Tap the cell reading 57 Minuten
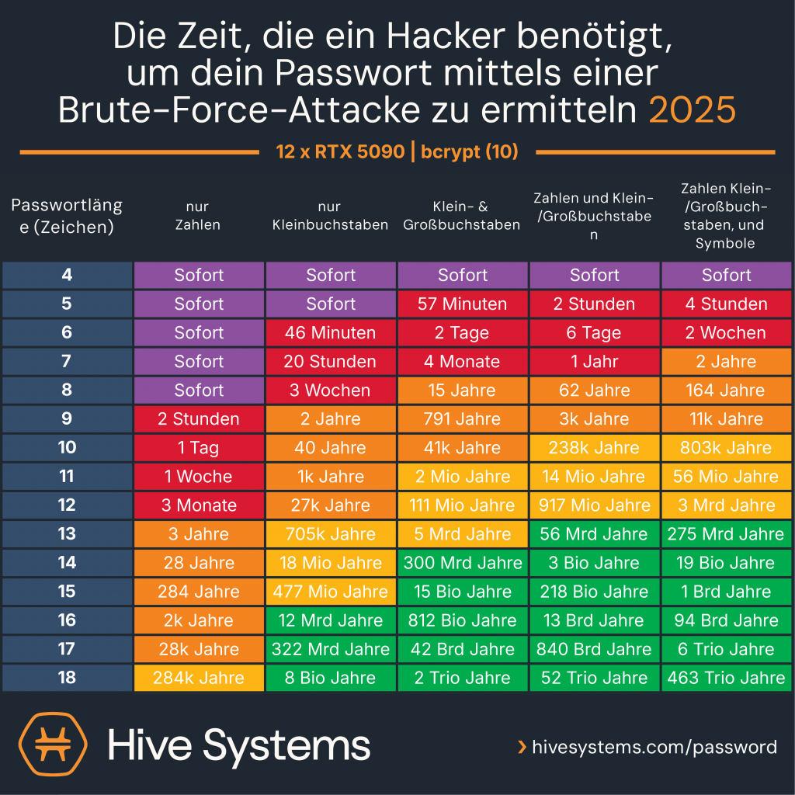463,304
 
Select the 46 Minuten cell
331,333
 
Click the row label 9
67,419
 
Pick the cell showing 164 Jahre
727,391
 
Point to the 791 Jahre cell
463,419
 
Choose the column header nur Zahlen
199,216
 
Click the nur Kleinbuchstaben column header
331,216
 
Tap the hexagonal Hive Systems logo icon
53,745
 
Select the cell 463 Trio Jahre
727,678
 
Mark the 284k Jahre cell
199,678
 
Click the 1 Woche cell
199,477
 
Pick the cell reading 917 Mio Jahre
595,505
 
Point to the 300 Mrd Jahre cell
463,563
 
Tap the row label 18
67,678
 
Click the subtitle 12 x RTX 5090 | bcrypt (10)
397,151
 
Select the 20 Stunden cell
331,362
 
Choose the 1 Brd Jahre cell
727,592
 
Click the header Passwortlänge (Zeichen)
67,216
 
